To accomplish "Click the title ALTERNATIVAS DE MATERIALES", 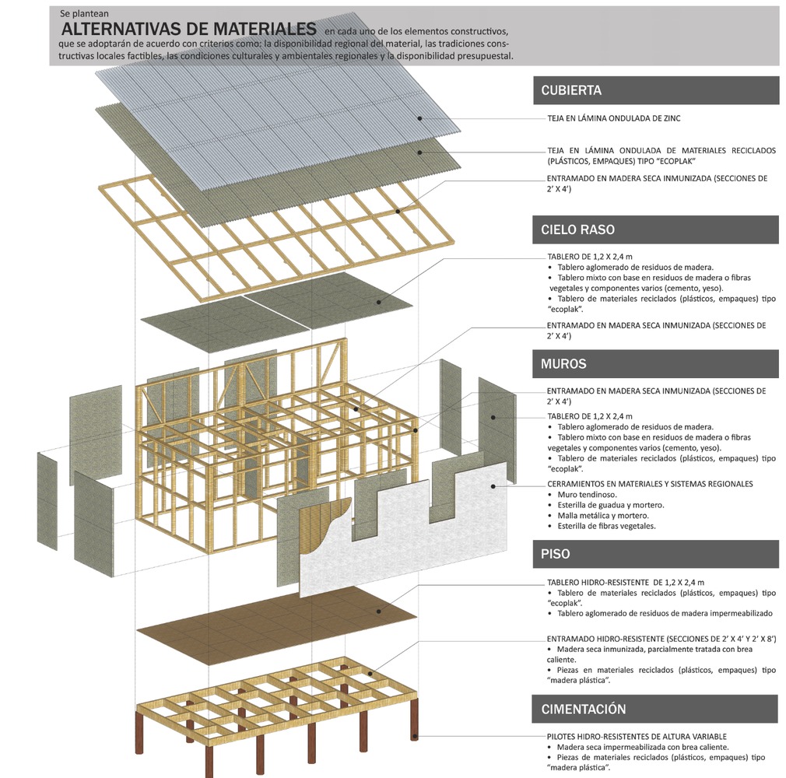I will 189,29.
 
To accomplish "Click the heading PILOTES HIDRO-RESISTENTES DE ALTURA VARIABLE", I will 637,736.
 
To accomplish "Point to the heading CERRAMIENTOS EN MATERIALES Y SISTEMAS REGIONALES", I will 650,484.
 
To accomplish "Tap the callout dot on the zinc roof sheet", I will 419,118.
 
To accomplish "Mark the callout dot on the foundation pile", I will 415,735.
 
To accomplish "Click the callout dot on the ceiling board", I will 379,302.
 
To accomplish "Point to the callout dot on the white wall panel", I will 493,488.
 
